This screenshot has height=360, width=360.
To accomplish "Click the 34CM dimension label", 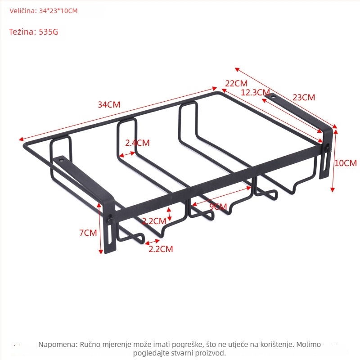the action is point(109,105).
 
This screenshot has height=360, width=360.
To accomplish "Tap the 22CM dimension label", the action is point(236,83).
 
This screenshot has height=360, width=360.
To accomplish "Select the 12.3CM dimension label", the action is point(255,92).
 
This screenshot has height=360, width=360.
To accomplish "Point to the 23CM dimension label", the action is point(304,97).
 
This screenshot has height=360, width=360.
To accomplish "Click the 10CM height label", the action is point(346,163).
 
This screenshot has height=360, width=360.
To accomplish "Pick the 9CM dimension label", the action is point(218,207).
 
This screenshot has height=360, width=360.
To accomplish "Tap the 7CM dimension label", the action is point(88,233).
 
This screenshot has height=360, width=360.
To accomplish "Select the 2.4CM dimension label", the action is point(137,143).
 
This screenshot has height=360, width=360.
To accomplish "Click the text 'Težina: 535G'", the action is point(33,31).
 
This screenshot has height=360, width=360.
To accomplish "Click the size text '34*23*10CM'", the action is point(58,11).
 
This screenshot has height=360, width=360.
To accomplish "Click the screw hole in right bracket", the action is point(274,96).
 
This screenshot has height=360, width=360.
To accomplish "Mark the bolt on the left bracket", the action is point(110,219).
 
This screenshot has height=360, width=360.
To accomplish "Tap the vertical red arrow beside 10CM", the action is point(334,161).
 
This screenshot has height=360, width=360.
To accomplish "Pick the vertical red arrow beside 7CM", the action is point(100,228).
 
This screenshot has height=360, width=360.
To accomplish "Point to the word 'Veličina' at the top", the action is point(23,11).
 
